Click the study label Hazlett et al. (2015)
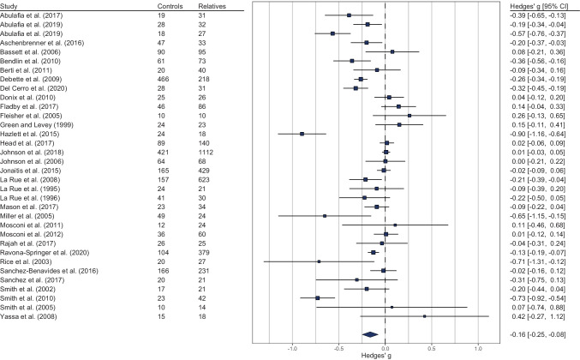click(x=30, y=134)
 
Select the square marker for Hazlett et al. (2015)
click(x=302, y=134)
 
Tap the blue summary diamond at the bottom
click(x=370, y=334)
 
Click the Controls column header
click(x=170, y=6)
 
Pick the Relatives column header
click(x=212, y=6)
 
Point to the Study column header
click(x=9, y=6)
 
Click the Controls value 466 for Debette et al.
click(x=163, y=79)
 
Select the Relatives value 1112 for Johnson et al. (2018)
click(x=206, y=152)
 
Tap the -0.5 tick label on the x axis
click(x=338, y=349)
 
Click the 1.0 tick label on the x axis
click(x=478, y=349)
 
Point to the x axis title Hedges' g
click(x=376, y=356)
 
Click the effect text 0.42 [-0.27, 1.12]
click(x=539, y=316)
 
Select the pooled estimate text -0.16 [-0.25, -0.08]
click(x=537, y=334)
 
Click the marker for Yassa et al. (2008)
click(x=424, y=316)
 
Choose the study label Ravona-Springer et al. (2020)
click(x=45, y=253)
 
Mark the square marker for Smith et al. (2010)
click(x=317, y=297)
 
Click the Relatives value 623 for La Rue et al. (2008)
click(x=204, y=179)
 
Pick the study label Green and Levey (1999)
click(x=37, y=124)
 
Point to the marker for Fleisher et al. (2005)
click(x=410, y=116)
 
